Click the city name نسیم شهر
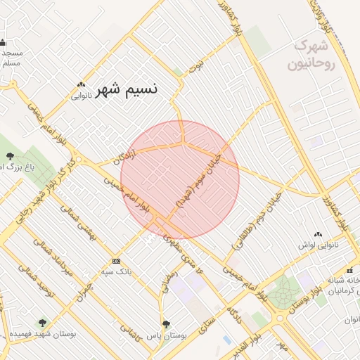pyautogui.click(x=127, y=89)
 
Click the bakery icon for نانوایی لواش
pyautogui.click(x=319, y=234)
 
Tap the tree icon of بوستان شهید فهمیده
pyautogui.click(x=42, y=323)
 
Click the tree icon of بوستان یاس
pyautogui.click(x=166, y=324)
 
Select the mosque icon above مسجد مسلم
pyautogui.click(x=4, y=43)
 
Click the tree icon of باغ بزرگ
pyautogui.click(x=9, y=156)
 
